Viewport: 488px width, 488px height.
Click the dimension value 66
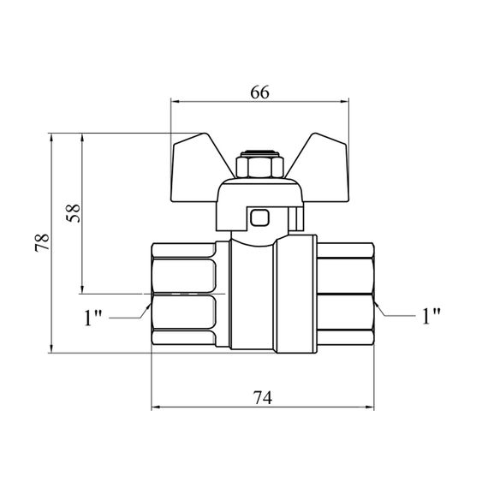(260, 92)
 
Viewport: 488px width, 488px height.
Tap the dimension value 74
(262, 397)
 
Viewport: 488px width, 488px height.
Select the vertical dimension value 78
(42, 243)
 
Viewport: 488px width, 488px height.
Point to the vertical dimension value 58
(74, 213)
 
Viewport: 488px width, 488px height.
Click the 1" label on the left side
(93, 317)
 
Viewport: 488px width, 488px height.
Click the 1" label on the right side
(431, 316)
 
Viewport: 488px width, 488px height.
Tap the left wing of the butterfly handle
(199, 168)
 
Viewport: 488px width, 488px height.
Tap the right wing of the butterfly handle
(320, 168)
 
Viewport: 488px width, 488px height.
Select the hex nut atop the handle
(260, 167)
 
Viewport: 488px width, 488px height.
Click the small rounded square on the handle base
(259, 217)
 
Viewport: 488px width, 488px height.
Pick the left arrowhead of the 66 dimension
(176, 102)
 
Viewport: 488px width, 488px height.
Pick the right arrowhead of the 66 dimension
(344, 102)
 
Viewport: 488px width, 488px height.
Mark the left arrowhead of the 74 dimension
(156, 407)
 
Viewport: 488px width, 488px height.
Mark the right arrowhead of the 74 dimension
(369, 407)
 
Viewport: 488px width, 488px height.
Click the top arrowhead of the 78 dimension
(51, 138)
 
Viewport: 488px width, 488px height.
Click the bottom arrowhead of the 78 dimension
(51, 348)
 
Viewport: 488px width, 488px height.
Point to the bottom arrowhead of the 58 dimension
(82, 289)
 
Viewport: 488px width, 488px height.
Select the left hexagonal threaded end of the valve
(183, 295)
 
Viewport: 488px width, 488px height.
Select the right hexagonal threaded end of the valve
(345, 295)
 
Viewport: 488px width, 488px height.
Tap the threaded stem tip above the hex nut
(260, 153)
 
